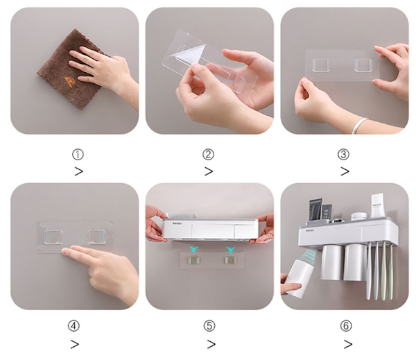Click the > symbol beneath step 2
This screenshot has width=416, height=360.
point(209,171)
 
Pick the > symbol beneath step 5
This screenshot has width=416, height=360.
point(211,343)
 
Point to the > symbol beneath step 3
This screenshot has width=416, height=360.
point(345,171)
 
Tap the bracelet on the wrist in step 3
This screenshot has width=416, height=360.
point(359,125)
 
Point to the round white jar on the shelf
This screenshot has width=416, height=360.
point(358,216)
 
